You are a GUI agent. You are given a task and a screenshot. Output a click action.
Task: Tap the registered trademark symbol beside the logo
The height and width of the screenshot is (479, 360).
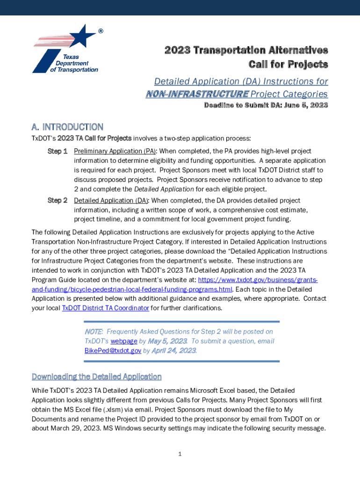click(101, 31)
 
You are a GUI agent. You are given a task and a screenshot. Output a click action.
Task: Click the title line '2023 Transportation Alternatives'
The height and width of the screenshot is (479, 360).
click(246, 51)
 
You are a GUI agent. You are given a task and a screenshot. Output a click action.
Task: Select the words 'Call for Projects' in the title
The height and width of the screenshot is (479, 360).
click(288, 64)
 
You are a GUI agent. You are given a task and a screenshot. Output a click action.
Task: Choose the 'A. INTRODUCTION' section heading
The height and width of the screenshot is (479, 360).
click(67, 127)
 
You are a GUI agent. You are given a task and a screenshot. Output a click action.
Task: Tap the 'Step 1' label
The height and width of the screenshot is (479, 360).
click(58, 152)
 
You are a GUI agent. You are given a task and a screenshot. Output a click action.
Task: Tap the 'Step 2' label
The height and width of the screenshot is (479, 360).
click(58, 201)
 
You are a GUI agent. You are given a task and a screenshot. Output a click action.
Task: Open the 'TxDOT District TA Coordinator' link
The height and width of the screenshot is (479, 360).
click(106, 308)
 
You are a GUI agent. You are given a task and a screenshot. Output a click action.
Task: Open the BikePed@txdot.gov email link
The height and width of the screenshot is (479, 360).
click(113, 350)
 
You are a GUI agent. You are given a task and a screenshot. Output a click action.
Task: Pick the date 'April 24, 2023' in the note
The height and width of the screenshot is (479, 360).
click(174, 350)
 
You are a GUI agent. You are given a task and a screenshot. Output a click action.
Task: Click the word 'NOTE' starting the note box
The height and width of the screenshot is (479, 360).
click(94, 332)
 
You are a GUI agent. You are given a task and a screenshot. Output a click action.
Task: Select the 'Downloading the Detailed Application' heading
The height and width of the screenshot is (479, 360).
click(96, 377)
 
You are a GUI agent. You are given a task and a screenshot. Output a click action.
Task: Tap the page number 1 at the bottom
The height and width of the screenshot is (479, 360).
click(180, 454)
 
